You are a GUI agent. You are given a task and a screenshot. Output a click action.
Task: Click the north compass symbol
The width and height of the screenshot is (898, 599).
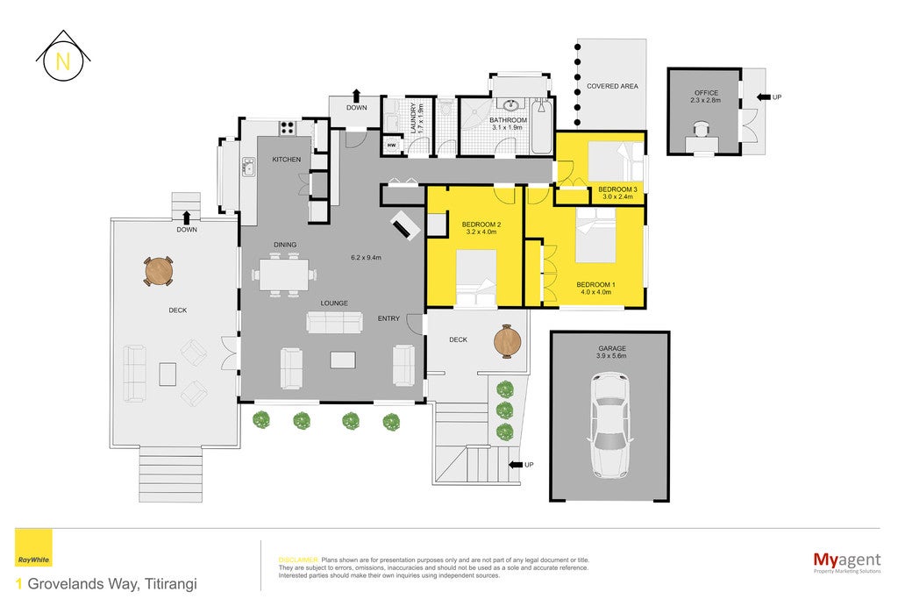pos(63,56)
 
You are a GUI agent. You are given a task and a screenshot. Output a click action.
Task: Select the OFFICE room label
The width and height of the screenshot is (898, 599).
pos(706,93)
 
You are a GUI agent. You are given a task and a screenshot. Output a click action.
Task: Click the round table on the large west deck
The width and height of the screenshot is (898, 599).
pos(159,271)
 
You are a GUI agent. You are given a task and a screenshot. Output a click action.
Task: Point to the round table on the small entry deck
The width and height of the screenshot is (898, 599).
pos(508,341)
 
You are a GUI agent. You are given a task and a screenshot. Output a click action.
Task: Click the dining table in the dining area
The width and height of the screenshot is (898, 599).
pos(284,275)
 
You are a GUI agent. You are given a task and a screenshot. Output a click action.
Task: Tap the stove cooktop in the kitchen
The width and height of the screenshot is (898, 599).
pos(287,128)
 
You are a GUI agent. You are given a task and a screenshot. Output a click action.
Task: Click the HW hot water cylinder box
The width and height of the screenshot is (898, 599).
pos(392,146)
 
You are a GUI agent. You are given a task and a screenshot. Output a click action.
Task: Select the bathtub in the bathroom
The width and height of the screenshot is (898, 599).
pos(541,126)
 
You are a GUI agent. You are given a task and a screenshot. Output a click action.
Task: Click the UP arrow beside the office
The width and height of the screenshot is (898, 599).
pos(764,97)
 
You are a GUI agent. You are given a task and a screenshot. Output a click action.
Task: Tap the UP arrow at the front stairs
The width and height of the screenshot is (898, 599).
pos(516,465)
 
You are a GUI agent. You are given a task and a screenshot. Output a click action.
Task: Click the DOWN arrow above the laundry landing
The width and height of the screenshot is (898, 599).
pos(356,95)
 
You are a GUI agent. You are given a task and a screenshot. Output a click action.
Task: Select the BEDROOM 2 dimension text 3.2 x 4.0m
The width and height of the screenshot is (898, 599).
pos(481,232)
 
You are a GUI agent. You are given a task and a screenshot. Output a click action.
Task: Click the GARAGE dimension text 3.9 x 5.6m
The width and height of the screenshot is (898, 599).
pos(611,355)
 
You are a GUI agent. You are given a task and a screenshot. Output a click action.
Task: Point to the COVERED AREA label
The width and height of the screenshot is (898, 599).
pos(612,86)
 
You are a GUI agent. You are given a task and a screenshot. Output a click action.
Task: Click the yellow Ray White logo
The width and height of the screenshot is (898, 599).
pos(33,547)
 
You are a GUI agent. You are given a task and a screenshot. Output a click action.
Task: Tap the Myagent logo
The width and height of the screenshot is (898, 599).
pos(847,561)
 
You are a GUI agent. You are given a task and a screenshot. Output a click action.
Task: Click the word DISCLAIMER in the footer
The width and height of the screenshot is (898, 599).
pos(298,560)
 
